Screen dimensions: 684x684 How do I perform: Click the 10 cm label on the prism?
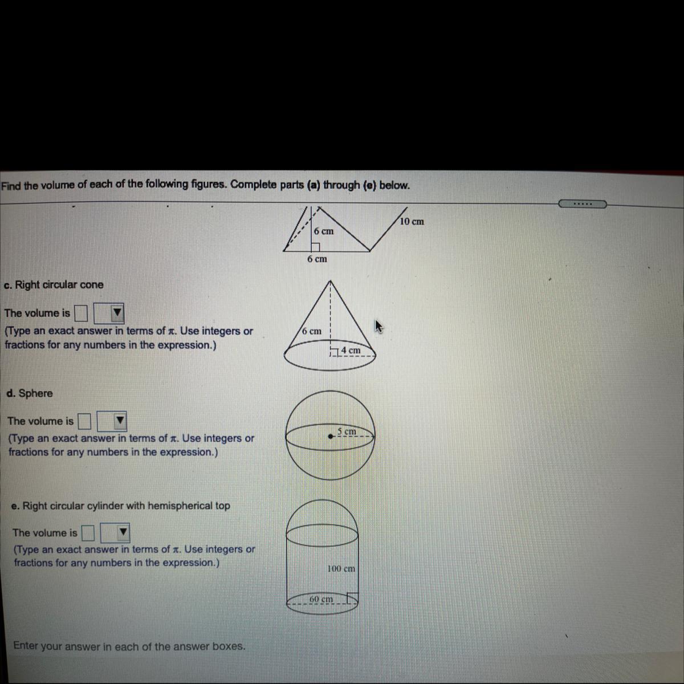(x=412, y=222)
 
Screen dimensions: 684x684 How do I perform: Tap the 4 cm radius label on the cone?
(x=351, y=350)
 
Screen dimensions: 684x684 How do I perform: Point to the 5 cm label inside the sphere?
(x=347, y=431)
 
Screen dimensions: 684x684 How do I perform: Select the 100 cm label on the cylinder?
(x=341, y=568)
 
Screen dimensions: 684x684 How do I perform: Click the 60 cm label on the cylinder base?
(x=321, y=599)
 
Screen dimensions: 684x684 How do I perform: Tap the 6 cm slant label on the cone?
(x=312, y=331)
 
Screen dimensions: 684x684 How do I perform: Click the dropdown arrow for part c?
(x=117, y=313)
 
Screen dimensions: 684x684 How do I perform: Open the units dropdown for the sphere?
(x=120, y=420)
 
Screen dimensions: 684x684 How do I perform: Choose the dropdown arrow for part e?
(x=123, y=532)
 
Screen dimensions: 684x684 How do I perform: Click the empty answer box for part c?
(x=82, y=313)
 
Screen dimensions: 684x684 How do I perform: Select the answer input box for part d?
(x=84, y=421)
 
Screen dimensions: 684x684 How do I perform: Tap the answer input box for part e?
(x=88, y=532)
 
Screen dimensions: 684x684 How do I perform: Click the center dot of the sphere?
(x=331, y=436)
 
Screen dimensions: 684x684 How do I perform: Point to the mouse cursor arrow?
(x=378, y=326)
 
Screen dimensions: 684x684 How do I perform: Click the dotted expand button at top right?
(x=583, y=204)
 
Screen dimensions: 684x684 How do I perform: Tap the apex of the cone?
(x=331, y=280)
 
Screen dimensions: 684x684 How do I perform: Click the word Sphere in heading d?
(x=35, y=393)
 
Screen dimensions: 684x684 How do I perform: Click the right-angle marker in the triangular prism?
(x=316, y=247)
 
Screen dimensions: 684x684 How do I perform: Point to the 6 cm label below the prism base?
(x=317, y=259)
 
